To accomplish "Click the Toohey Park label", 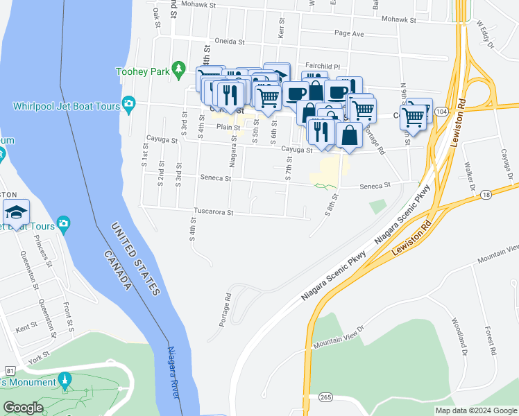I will (142, 71).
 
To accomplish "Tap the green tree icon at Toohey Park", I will (180, 68).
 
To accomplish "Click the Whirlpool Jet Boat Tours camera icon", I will (128, 105).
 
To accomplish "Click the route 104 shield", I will (441, 111).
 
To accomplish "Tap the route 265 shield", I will (325, 397).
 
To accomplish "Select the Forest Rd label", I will (491, 341).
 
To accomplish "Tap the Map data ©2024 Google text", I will (475, 410).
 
